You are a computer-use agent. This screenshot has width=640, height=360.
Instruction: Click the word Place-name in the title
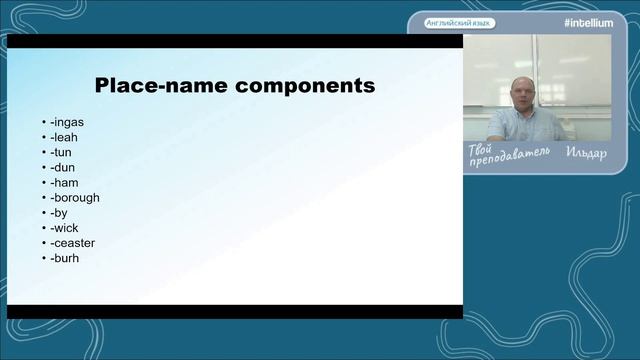pyautogui.click(x=161, y=85)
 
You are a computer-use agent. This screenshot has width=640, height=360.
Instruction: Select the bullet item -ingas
pyautogui.click(x=67, y=122)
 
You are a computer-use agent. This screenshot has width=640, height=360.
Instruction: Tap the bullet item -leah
pyautogui.click(x=64, y=138)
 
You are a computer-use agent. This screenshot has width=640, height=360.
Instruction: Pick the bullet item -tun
pyautogui.click(x=61, y=153)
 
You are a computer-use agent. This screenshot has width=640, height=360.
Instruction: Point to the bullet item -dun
pyautogui.click(x=62, y=168)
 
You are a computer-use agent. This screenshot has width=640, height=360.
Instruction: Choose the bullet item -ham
pyautogui.click(x=64, y=183)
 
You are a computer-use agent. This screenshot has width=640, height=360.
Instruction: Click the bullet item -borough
pyautogui.click(x=75, y=198)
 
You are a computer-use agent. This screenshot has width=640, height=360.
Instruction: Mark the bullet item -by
pyautogui.click(x=59, y=213)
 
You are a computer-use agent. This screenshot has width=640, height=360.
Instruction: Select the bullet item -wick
pyautogui.click(x=64, y=228)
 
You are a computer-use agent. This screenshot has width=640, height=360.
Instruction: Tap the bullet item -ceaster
pyautogui.click(x=73, y=243)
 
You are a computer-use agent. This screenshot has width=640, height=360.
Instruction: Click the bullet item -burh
pyautogui.click(x=64, y=258)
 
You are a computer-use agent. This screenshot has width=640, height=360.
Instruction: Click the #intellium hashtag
pyautogui.click(x=589, y=23)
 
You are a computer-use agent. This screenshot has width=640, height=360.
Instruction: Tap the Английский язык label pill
pyautogui.click(x=459, y=23)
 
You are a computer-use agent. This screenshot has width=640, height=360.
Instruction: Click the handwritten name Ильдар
pyautogui.click(x=587, y=153)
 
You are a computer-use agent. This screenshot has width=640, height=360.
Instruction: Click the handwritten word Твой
pyautogui.click(x=480, y=150)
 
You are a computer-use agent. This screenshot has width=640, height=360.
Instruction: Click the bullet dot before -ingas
pyautogui.click(x=44, y=122)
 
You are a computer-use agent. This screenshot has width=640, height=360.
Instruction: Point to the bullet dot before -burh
pyautogui.click(x=44, y=258)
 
